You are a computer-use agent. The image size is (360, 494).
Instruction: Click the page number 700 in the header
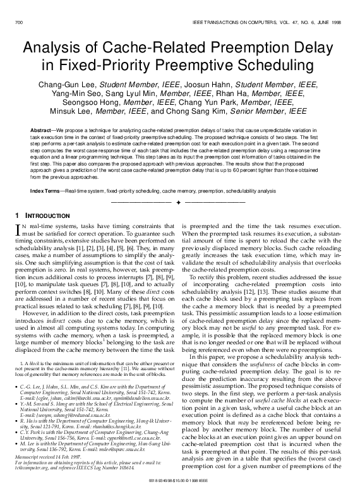(18, 23)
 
